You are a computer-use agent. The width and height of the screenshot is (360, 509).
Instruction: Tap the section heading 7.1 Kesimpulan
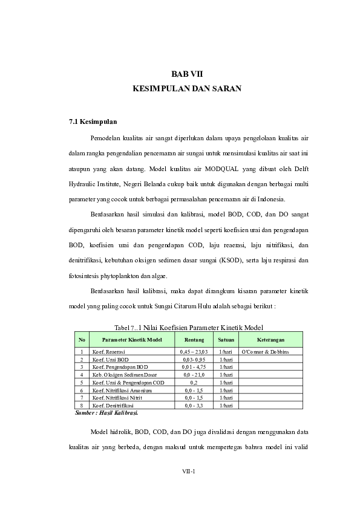click(x=93, y=122)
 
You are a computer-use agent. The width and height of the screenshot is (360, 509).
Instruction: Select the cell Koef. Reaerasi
click(x=109, y=351)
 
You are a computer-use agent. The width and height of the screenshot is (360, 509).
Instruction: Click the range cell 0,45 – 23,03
click(x=194, y=351)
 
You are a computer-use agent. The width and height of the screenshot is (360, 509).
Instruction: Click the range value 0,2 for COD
click(x=194, y=383)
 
